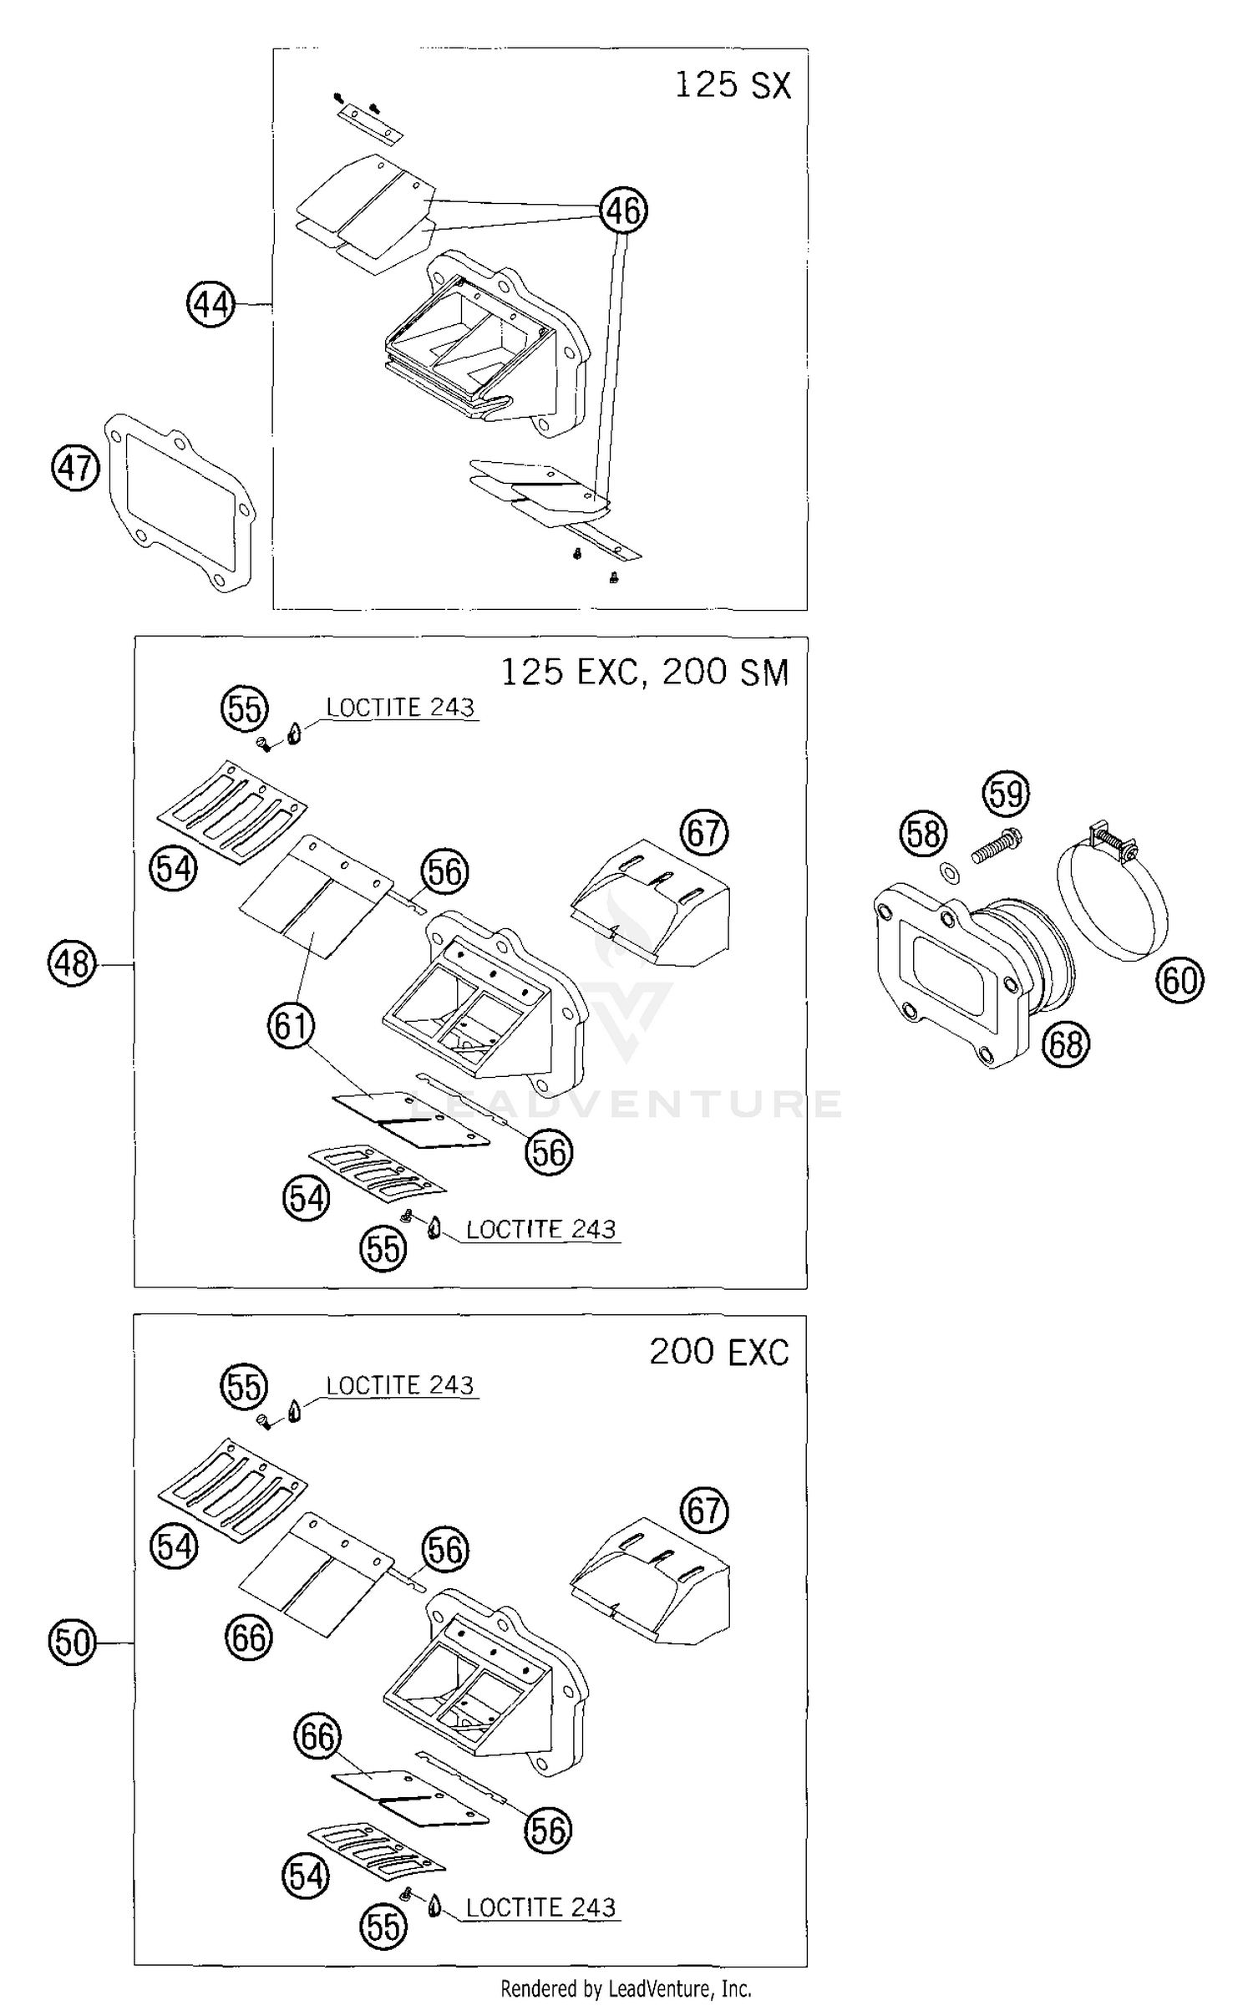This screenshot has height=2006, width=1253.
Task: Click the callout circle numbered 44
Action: [x=211, y=304]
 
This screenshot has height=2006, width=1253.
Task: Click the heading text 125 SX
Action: [x=732, y=85]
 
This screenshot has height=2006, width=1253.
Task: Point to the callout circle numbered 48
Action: [x=73, y=963]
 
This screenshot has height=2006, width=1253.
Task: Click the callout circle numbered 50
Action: [x=73, y=1643]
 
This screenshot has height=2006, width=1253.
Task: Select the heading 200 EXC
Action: [x=718, y=1352]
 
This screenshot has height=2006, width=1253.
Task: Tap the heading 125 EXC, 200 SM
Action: [x=644, y=673]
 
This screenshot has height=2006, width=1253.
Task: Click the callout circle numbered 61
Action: [x=291, y=1024]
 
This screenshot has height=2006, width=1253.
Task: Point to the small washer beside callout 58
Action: [x=950, y=873]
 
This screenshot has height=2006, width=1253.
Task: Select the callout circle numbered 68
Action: [x=1066, y=1044]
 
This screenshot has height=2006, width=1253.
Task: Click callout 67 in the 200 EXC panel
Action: [x=704, y=1511]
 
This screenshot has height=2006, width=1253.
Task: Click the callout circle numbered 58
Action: [x=923, y=833]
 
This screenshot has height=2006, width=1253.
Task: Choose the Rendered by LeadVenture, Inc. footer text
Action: [x=626, y=1988]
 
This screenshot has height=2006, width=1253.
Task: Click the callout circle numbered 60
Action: [x=1179, y=979]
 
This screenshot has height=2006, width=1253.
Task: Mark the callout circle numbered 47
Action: [x=75, y=468]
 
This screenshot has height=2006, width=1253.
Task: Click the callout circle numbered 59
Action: [x=1006, y=793]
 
